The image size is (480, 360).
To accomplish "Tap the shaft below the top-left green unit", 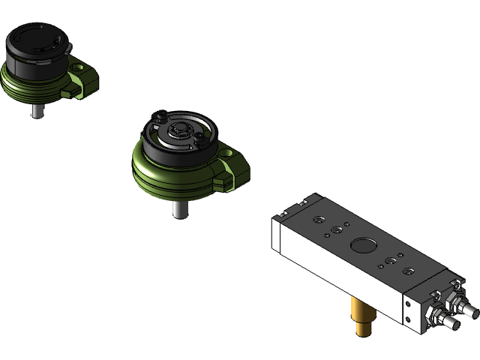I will click(x=35, y=110).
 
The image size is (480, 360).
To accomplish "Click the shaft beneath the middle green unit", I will click(x=178, y=208).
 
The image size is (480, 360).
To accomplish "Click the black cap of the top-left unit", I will click(x=34, y=45).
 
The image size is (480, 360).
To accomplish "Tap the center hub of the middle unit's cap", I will click(x=178, y=131).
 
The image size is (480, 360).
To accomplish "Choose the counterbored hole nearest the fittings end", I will click(x=407, y=270).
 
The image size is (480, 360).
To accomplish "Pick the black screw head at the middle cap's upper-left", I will click(x=159, y=117).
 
